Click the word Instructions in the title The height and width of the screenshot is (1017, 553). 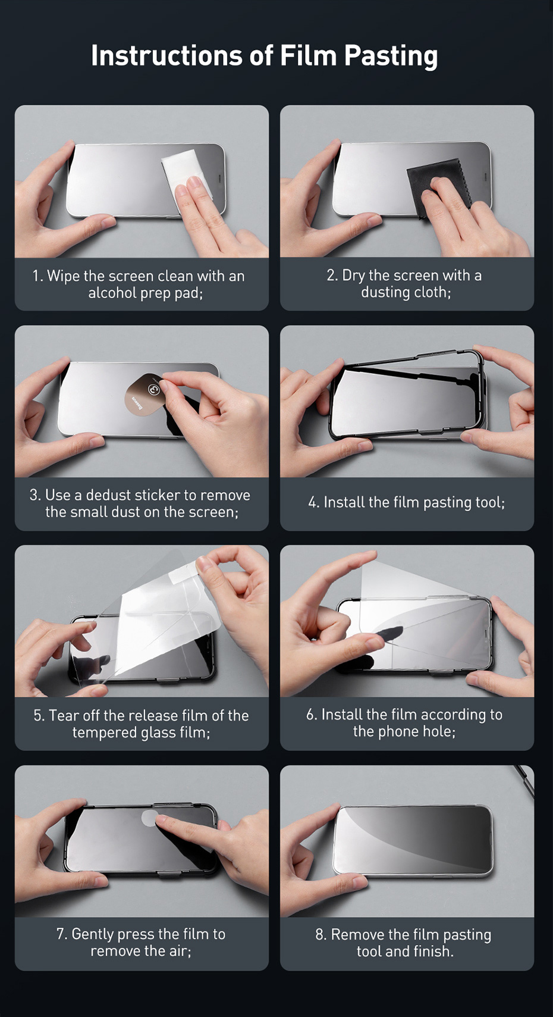click(166, 55)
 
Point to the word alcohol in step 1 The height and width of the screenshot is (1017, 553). click(112, 293)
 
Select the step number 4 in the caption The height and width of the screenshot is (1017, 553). click(313, 503)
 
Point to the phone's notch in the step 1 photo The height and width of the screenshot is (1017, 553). click(221, 179)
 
